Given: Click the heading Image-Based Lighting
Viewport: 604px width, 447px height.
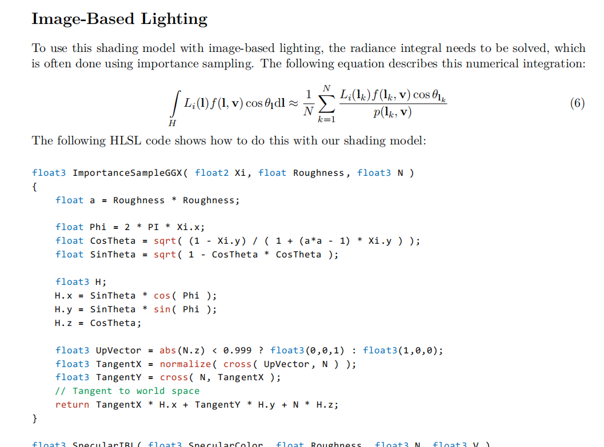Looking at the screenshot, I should (x=119, y=19).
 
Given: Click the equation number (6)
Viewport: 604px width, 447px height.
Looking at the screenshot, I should (x=577, y=103).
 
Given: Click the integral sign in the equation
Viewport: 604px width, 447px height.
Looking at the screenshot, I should (x=174, y=104).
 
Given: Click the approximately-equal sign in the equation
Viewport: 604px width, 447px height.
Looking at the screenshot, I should (x=292, y=104).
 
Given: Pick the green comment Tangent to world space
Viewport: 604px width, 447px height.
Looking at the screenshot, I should (x=127, y=391).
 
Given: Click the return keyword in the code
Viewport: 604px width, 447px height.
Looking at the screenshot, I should (x=72, y=405).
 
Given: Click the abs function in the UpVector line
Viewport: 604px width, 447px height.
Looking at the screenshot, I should (x=167, y=351).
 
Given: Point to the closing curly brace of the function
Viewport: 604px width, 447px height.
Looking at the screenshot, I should (x=35, y=418).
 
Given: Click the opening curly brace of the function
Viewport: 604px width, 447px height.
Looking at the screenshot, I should (x=35, y=187).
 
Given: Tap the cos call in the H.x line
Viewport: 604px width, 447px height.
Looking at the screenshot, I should (x=162, y=296).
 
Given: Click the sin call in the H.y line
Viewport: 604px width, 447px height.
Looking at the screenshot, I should (x=162, y=309).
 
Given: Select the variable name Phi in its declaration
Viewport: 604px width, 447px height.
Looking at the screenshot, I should (x=98, y=227).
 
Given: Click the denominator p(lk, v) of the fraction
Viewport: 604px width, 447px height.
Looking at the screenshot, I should (x=392, y=112).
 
